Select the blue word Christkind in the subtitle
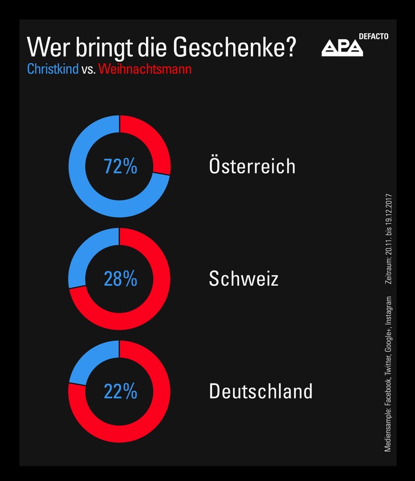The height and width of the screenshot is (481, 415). point(51,69)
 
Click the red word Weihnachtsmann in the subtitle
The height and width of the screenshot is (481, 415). point(145,69)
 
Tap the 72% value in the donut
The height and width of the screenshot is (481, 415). point(120,167)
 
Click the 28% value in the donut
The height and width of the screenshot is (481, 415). point(120,279)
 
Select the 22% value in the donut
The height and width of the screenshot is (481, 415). point(120,391)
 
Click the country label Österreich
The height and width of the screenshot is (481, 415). point(252,166)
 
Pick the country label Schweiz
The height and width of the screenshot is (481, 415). point(243,279)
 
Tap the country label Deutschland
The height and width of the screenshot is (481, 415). point(260,391)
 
